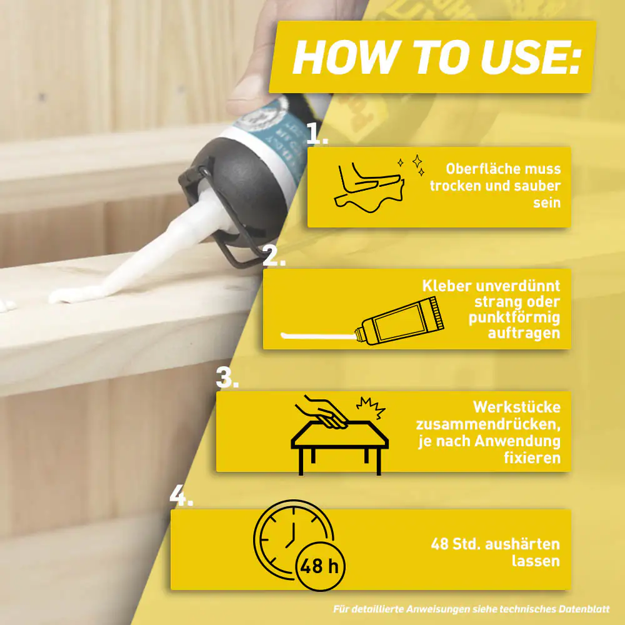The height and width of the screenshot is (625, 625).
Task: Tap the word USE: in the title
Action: [531, 57]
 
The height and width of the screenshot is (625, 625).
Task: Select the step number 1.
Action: [317, 133]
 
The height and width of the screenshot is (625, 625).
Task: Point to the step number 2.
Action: [274, 255]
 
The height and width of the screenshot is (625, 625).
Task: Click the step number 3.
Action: [227, 377]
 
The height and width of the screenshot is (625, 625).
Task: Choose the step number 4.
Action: [181, 496]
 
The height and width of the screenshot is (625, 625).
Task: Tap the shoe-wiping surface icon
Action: [369, 187]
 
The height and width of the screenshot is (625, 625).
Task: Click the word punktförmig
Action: [514, 317]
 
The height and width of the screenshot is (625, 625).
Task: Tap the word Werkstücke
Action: [517, 407]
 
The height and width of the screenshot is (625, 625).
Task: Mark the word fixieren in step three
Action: [532, 457]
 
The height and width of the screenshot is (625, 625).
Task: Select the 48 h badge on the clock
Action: [321, 566]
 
